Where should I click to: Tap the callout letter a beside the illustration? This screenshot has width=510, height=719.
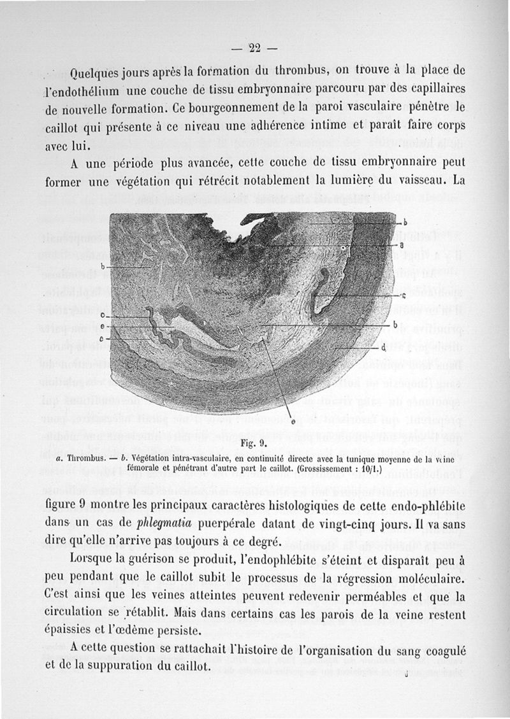pyautogui.click(x=402, y=245)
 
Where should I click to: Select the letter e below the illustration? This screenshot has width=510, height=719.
pyautogui.click(x=293, y=421)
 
